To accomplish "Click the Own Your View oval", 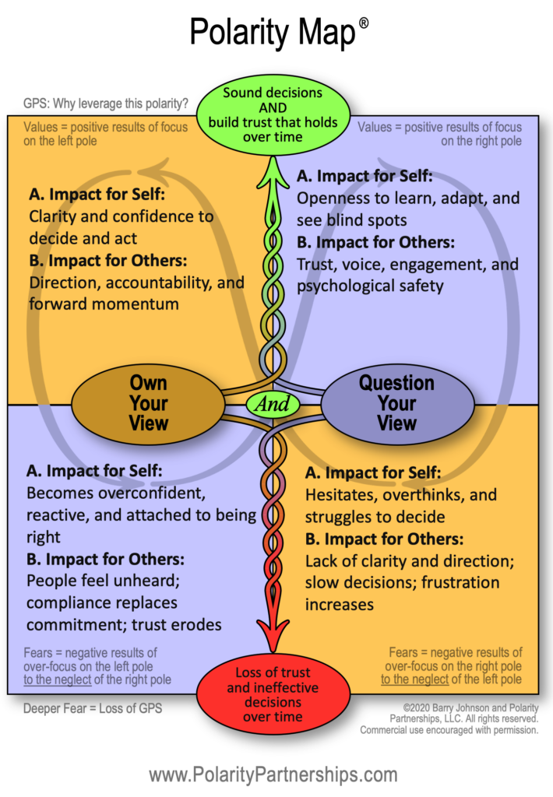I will coord(149,403).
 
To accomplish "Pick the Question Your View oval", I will coord(396,403).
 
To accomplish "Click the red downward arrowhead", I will coord(272,635).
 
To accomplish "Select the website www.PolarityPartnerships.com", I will coord(273,774).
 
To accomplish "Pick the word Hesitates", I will coord(340,495).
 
